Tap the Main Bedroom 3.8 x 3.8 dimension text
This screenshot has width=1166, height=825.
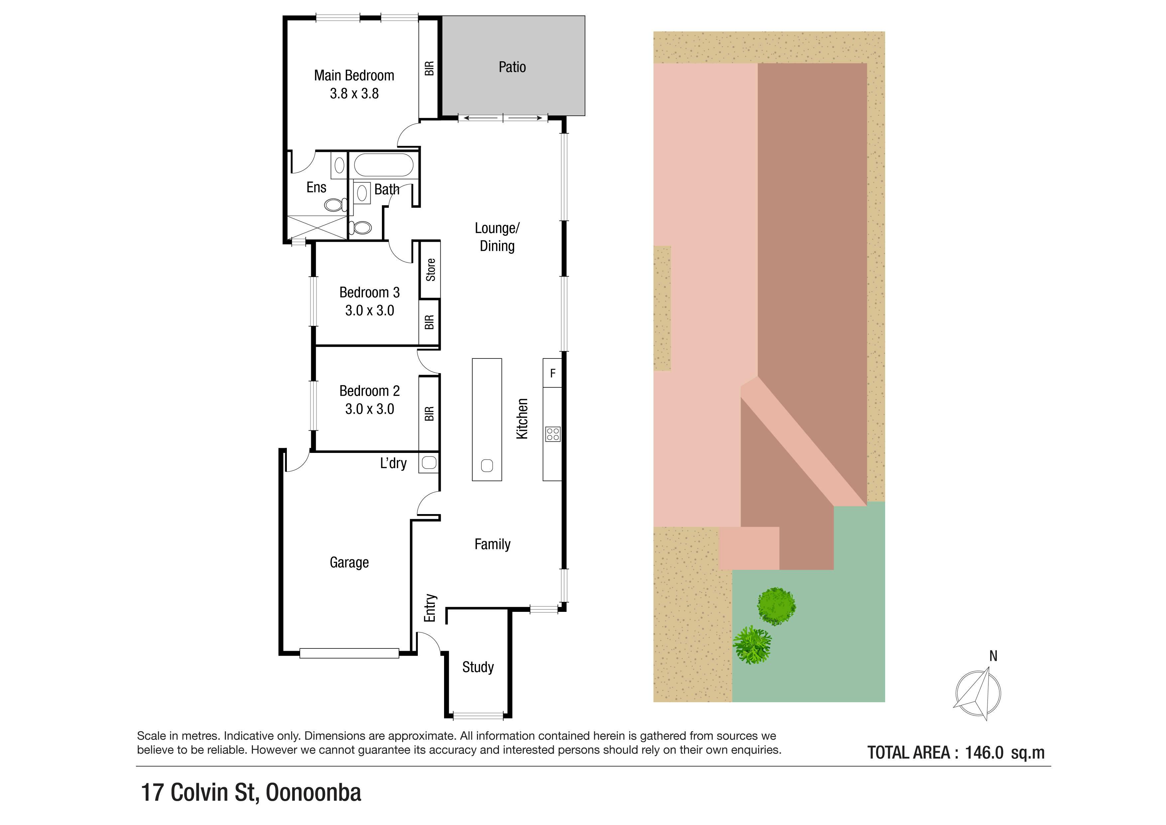(x=354, y=93)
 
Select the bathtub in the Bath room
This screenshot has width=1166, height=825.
(x=384, y=165)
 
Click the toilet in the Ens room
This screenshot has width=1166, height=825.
(x=336, y=205)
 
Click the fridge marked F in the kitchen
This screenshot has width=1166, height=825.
(x=552, y=373)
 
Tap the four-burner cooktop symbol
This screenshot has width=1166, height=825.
(x=552, y=434)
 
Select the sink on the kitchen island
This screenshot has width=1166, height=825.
(x=487, y=465)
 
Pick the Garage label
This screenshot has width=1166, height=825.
(x=349, y=562)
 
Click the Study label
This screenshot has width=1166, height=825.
(x=478, y=667)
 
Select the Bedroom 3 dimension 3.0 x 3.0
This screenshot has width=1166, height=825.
(x=369, y=310)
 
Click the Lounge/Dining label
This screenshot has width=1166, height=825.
(x=497, y=237)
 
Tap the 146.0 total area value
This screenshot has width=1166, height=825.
(x=984, y=753)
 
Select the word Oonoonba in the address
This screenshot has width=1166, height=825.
(x=313, y=792)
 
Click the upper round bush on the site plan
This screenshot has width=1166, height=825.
(x=776, y=606)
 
